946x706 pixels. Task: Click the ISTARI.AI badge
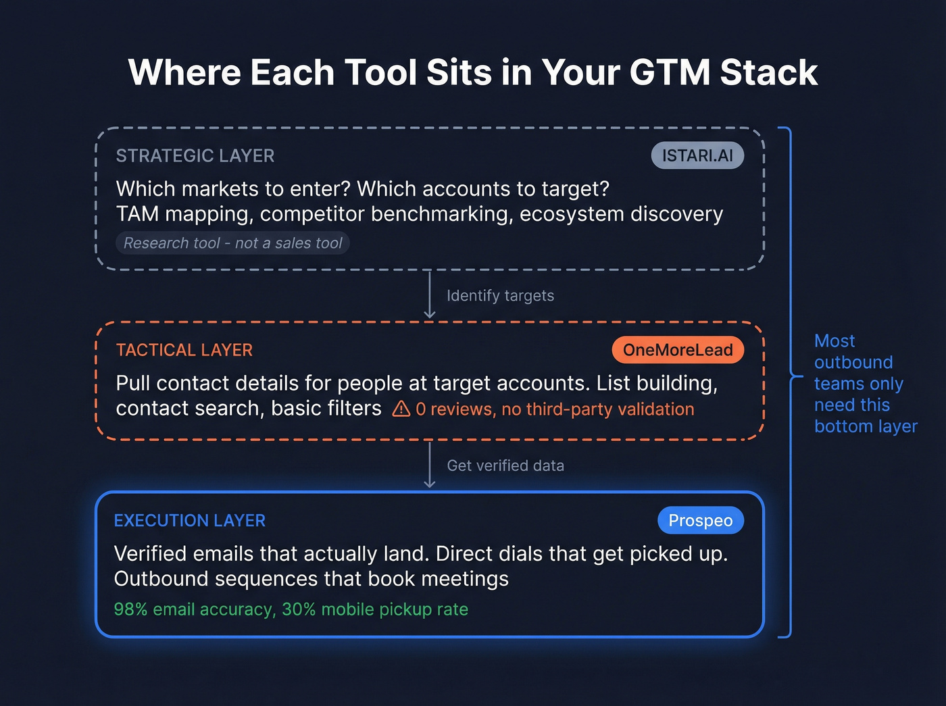(697, 155)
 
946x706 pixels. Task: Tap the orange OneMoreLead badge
(678, 350)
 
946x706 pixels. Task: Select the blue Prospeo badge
(701, 520)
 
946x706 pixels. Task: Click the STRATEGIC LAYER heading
(195, 156)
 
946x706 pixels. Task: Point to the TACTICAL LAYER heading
(184, 350)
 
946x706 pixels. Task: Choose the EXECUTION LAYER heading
(190, 520)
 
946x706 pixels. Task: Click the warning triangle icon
(401, 409)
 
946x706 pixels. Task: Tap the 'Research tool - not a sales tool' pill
(233, 243)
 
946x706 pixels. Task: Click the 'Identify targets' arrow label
(500, 296)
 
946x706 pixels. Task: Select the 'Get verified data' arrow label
(505, 465)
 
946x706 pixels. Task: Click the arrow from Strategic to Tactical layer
(429, 295)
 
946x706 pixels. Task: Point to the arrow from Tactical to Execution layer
(429, 465)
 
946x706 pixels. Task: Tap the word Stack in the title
(769, 72)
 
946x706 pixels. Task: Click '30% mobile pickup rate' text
(375, 609)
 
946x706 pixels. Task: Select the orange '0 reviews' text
(454, 409)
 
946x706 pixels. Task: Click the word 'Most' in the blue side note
(835, 341)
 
